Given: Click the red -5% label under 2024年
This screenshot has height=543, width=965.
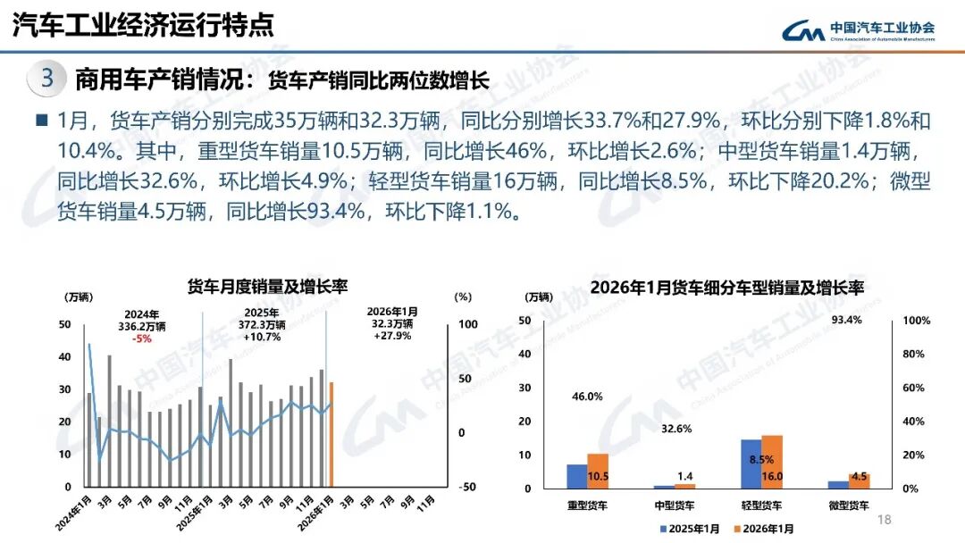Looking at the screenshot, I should [141, 338].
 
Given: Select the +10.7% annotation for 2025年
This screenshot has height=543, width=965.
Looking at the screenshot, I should [263, 338].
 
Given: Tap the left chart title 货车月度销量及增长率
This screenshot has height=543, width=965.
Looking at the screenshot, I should [267, 286].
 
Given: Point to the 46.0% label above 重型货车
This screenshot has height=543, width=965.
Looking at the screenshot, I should [587, 397].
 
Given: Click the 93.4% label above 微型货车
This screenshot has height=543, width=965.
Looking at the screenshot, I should [847, 320].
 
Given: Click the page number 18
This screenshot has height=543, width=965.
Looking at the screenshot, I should [885, 521].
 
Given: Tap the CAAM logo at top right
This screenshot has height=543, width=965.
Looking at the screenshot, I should [859, 31].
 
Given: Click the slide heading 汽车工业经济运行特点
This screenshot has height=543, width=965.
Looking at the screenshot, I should [143, 25].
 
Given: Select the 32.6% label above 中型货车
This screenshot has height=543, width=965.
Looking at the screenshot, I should [676, 430].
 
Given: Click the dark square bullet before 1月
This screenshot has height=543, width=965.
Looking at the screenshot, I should [42, 120].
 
